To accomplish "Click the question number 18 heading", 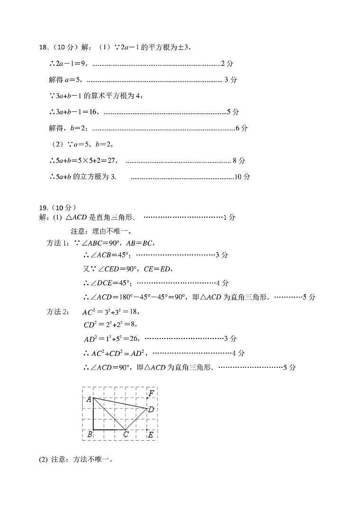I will [43, 47].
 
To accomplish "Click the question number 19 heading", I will [43, 207].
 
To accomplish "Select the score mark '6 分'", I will [242, 128].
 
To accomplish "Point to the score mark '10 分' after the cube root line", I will [243, 177].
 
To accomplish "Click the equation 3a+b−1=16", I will [75, 112].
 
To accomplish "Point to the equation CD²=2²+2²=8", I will [110, 325].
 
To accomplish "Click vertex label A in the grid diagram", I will [88, 399].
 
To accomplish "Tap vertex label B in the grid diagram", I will [90, 434].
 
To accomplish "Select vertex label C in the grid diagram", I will [126, 435].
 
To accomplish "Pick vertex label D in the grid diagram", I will [151, 409].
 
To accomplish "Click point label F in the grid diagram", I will [151, 393].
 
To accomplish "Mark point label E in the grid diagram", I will [151, 434].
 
